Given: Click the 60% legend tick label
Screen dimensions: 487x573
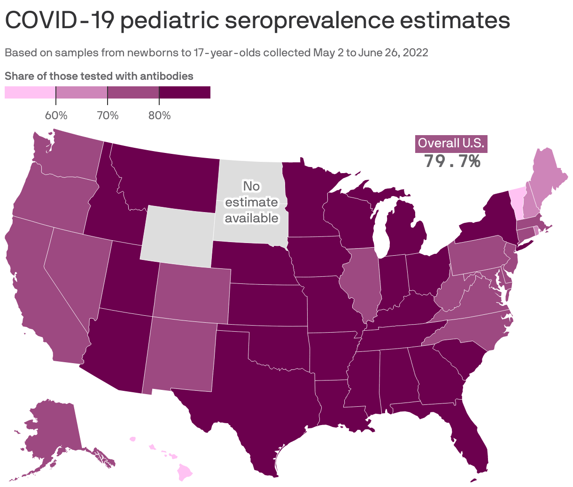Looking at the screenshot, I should [56, 115].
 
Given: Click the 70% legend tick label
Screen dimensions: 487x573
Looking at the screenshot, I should [108, 115].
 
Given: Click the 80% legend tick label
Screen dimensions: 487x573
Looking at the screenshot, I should [159, 115].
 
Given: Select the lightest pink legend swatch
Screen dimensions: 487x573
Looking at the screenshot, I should [30, 92].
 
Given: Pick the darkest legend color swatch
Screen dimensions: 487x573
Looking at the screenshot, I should [185, 92].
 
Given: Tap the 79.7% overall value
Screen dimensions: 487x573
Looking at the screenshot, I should [452, 161].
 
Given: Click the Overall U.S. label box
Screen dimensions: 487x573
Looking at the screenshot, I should [451, 144].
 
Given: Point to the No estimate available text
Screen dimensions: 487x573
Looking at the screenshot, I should [251, 202].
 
